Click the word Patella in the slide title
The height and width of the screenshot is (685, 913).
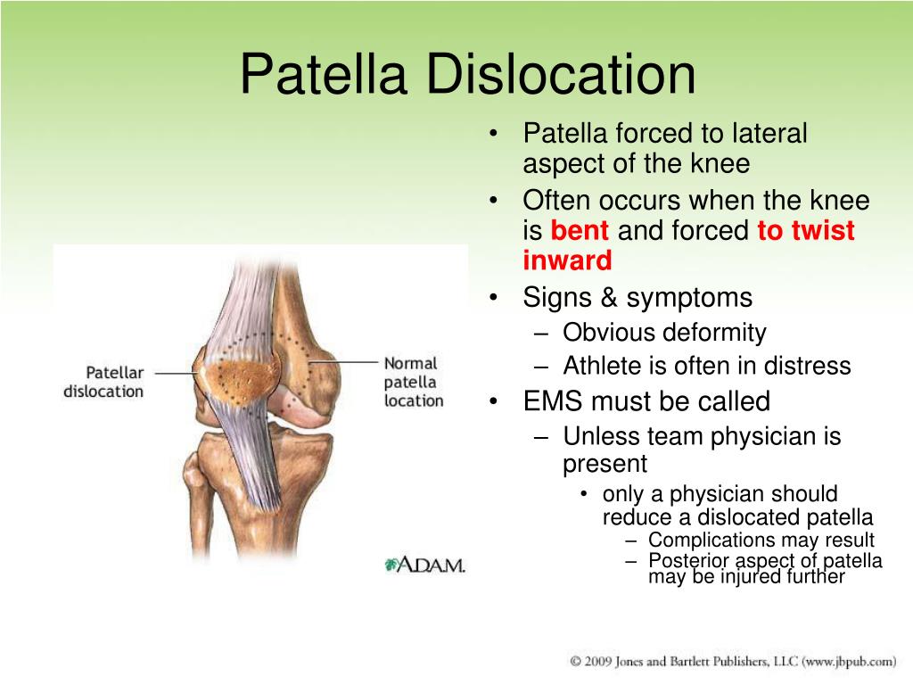323,74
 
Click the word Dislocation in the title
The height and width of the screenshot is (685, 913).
562,74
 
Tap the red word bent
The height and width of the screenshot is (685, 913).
580,230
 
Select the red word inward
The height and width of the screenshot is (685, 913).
567,260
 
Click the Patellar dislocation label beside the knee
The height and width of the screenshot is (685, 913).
103,382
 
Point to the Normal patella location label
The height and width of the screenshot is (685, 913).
414,382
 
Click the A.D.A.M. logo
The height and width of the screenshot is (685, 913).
425,565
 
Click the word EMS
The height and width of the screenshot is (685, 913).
558,401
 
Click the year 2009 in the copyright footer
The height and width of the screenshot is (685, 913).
598,661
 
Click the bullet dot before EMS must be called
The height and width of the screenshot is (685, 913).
494,401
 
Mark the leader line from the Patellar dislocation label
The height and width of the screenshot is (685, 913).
177,373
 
